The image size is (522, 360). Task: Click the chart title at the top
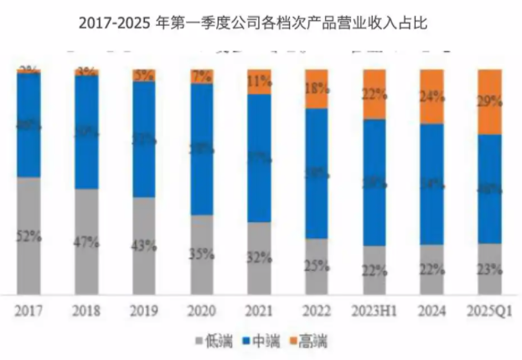tap(261, 24)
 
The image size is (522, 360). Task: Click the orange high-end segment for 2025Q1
tap(489, 102)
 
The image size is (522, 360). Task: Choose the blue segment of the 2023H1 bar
tap(375, 183)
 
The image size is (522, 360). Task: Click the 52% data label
tap(29, 235)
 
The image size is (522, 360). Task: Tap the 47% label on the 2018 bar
tap(86, 242)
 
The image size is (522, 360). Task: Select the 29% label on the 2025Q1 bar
tap(489, 102)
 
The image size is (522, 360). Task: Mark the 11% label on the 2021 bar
tap(259, 82)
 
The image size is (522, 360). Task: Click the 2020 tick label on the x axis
tap(202, 311)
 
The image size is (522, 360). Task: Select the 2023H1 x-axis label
tap(375, 311)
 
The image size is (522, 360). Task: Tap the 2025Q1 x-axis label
tap(489, 311)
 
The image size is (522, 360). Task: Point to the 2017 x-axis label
tap(29, 311)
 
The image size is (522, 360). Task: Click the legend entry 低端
tap(215, 340)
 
